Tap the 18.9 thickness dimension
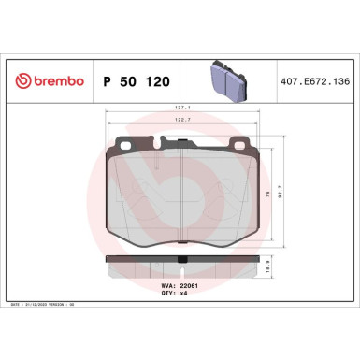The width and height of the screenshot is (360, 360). [x=293, y=265]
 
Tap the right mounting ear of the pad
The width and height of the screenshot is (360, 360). [x=238, y=145]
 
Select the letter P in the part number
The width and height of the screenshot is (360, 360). [x=106, y=81]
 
